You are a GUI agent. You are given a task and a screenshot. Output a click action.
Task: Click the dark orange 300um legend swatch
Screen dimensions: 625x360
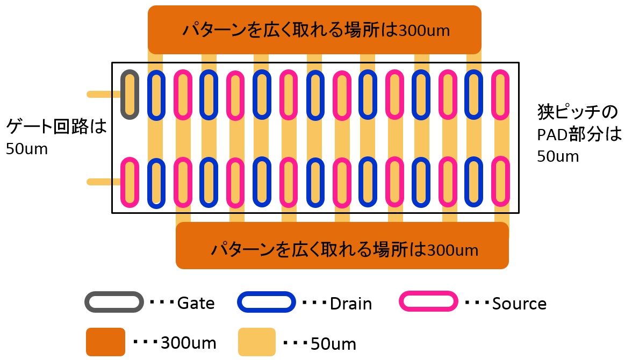(106, 342)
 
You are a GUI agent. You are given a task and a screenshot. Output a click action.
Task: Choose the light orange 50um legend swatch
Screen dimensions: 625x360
(257, 342)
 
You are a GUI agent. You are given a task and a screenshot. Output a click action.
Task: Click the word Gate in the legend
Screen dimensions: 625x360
(196, 303)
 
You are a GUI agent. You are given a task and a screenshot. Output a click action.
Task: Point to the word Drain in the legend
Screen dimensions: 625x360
(351, 304)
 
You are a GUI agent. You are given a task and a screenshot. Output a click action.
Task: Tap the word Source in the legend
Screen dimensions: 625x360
(519, 304)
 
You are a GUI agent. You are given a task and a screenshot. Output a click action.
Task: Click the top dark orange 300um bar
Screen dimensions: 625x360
(314, 30)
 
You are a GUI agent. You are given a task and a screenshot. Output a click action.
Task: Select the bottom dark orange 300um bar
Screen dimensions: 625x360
(342, 246)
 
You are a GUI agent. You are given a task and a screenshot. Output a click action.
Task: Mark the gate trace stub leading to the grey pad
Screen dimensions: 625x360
(104, 95)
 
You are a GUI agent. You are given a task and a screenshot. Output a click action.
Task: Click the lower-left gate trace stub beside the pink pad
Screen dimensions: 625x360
(104, 182)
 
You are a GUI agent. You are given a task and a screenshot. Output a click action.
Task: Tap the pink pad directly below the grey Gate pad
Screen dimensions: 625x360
(121, 182)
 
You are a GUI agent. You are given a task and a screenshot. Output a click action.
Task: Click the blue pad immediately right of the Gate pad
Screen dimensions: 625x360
(149, 95)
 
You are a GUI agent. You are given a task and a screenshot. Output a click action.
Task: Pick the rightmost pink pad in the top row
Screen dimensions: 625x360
(493, 95)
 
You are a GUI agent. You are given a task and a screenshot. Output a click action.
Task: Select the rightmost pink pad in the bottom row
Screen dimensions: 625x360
(493, 182)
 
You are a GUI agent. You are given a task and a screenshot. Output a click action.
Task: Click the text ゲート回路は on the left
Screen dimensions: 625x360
(56, 126)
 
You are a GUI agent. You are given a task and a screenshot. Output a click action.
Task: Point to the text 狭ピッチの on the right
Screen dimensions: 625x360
(577, 112)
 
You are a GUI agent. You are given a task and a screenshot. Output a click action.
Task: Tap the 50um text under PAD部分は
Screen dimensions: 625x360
(558, 156)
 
